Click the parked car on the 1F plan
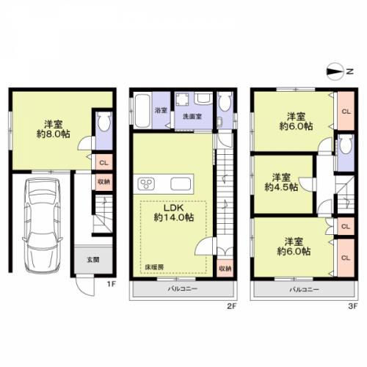[43, 225]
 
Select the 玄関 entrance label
[93, 260]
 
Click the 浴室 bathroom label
[161, 110]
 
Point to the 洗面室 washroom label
[192, 117]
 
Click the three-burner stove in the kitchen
[146, 184]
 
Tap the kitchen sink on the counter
[181, 184]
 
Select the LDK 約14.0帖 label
[174, 213]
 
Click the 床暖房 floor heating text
[154, 267]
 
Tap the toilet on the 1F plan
[103, 122]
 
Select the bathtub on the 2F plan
[142, 111]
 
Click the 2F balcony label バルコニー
[183, 289]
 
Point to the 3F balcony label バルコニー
[305, 290]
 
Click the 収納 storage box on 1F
[104, 182]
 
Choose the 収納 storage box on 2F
[225, 269]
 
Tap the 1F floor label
[111, 284]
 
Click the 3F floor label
[353, 306]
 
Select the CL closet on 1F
[104, 162]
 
